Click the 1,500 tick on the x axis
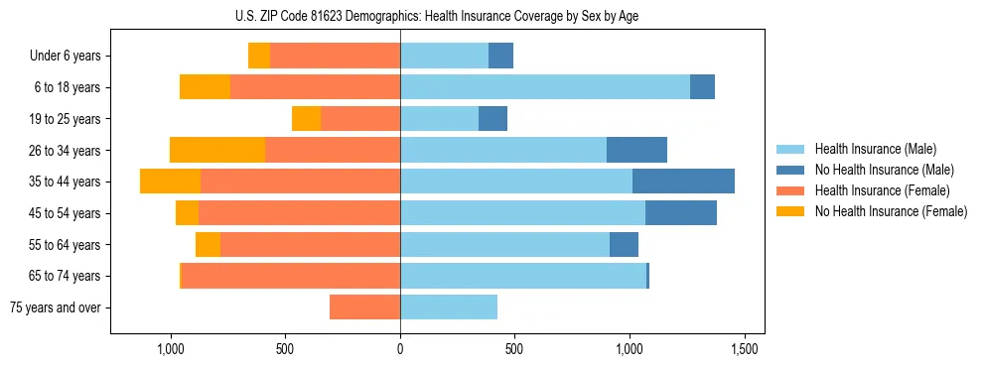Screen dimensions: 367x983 (x=745, y=350)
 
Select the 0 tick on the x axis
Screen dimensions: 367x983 (x=400, y=350)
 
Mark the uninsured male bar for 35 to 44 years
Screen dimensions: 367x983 (x=683, y=182)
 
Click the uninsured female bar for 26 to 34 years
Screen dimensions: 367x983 (x=217, y=150)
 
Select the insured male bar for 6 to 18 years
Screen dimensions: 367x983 (x=545, y=87)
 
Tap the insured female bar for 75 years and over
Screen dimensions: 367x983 (x=364, y=307)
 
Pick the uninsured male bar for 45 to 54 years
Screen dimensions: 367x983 (x=681, y=213)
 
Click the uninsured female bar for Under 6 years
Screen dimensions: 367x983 (x=259, y=57)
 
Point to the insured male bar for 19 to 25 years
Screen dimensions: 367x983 (x=439, y=119)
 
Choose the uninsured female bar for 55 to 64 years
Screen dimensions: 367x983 (x=208, y=245)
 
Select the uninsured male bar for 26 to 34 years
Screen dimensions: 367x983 (x=636, y=150)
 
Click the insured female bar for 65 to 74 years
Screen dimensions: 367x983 (x=291, y=276)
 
